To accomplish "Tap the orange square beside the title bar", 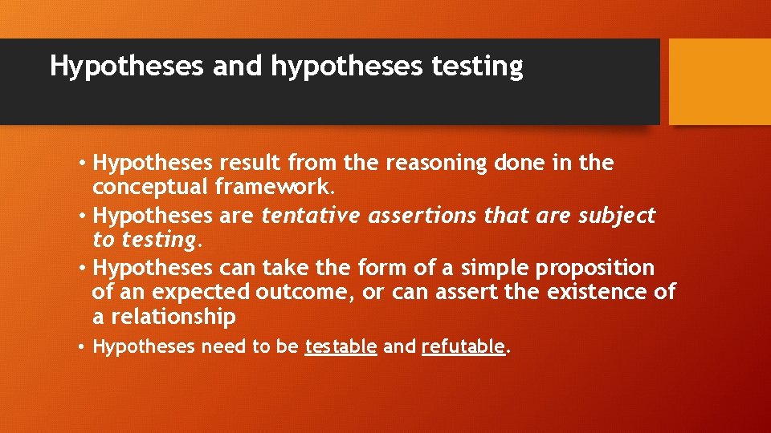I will (x=720, y=82).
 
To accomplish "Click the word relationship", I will (x=173, y=317).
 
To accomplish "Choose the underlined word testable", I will (x=341, y=347).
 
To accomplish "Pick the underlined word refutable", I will (x=463, y=347).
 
